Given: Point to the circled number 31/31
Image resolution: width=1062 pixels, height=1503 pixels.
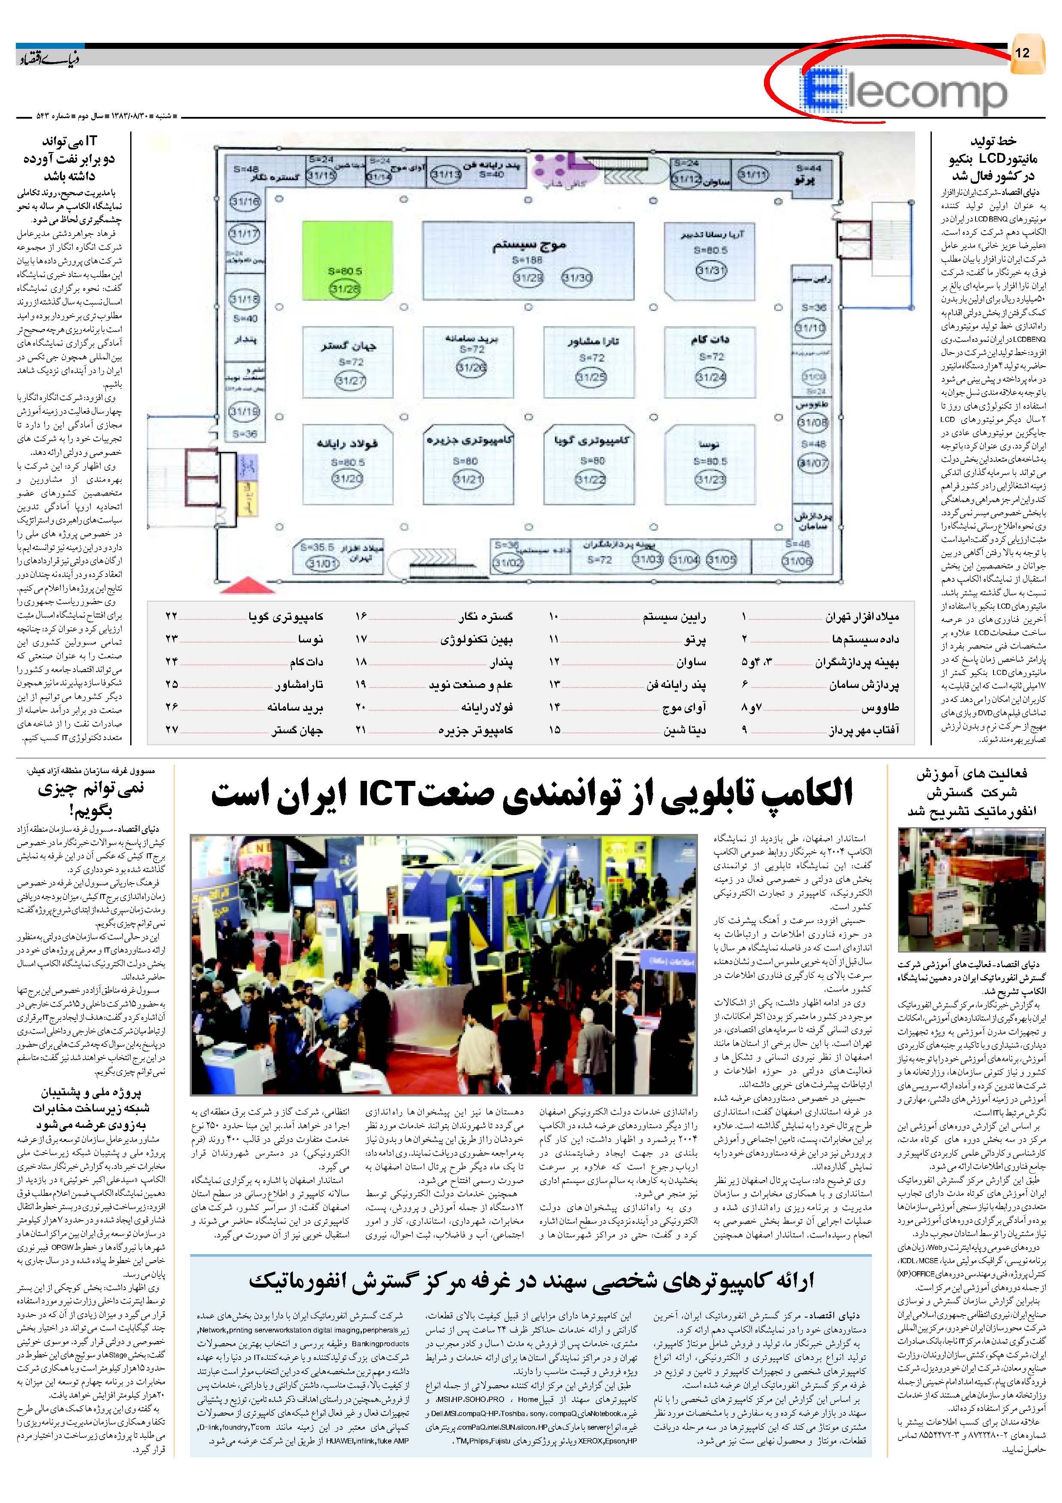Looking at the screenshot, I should click(x=710, y=270).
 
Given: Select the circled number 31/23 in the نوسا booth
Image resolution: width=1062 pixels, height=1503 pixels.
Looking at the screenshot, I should click(x=710, y=481).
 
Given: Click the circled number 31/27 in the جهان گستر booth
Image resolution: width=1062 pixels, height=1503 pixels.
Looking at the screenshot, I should click(x=350, y=380).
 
